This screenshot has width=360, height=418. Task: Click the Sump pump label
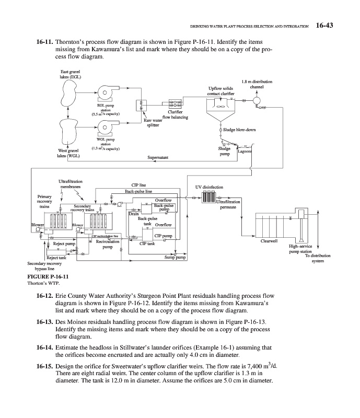point(175,258)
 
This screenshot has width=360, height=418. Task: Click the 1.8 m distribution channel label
point(260,84)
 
